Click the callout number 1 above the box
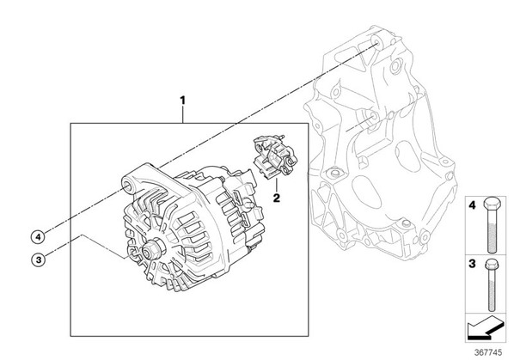[182, 101]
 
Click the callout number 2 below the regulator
[277, 198]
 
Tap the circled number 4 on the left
[39, 236]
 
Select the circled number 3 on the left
[39, 260]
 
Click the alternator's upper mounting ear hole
[127, 186]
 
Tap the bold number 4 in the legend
[472, 205]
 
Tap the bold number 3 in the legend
[472, 264]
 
